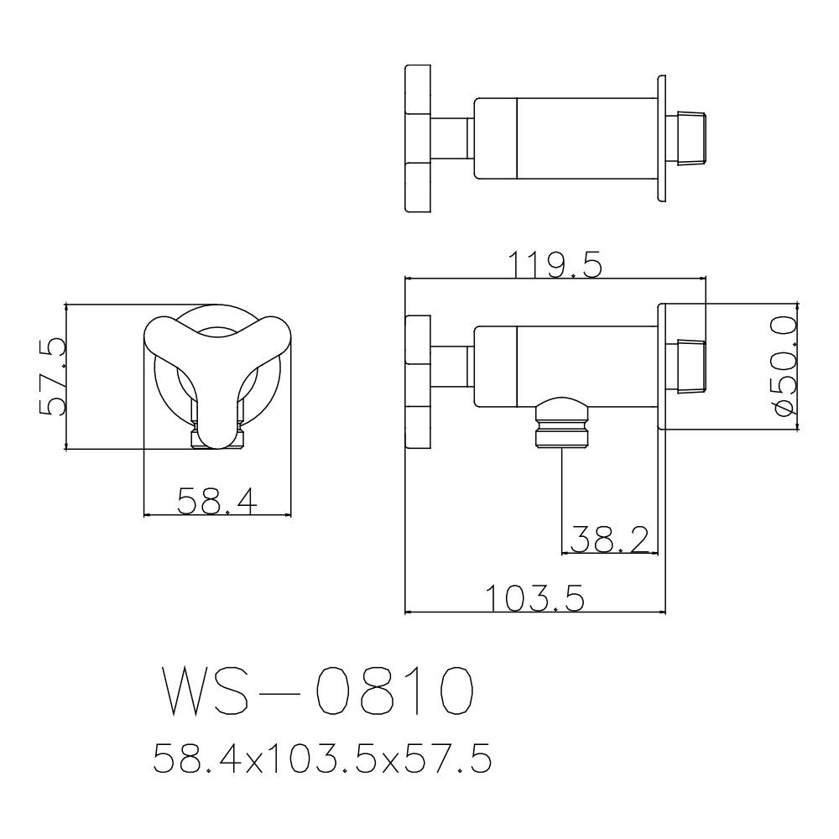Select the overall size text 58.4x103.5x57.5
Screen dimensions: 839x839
[x=321, y=760]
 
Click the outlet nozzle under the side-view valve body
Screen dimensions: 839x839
[x=561, y=425]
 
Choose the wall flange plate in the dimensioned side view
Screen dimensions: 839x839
[x=662, y=366]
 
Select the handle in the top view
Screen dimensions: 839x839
[x=417, y=138]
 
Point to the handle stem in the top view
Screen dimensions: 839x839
[x=451, y=138]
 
